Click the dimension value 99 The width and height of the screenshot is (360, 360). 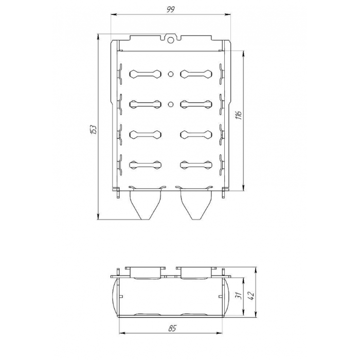tap(171, 9)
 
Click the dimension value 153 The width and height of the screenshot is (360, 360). tap(93, 130)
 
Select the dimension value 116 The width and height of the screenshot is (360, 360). tap(239, 115)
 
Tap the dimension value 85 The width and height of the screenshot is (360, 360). tap(172, 328)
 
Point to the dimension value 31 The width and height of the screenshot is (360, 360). tap(239, 295)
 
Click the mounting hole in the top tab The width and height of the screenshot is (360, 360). tap(170, 40)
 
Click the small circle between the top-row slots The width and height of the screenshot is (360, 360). tap(170, 74)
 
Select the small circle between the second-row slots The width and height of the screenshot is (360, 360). tap(170, 104)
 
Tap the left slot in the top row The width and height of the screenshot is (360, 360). tap(145, 74)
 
